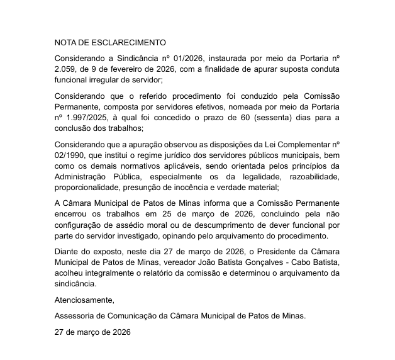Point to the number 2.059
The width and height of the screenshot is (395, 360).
pyautogui.click(x=65, y=69)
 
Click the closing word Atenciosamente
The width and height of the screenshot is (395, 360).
pyautogui.click(x=84, y=299)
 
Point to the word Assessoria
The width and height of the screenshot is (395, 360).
pyautogui.click(x=76, y=315)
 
